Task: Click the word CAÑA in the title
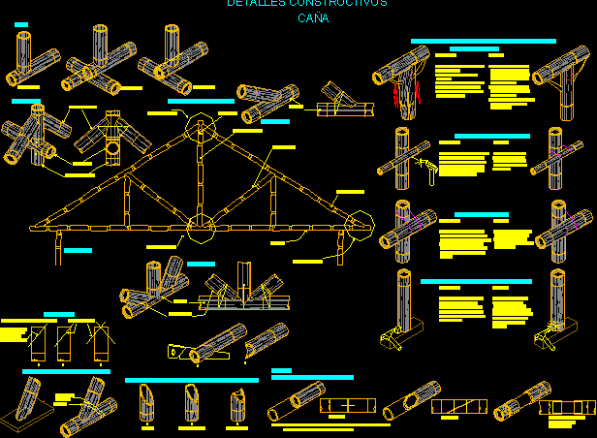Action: click(x=313, y=18)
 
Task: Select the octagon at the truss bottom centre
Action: click(x=201, y=230)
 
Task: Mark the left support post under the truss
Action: click(x=56, y=249)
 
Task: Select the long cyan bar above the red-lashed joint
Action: click(x=483, y=42)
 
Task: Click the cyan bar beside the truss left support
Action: click(x=78, y=251)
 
